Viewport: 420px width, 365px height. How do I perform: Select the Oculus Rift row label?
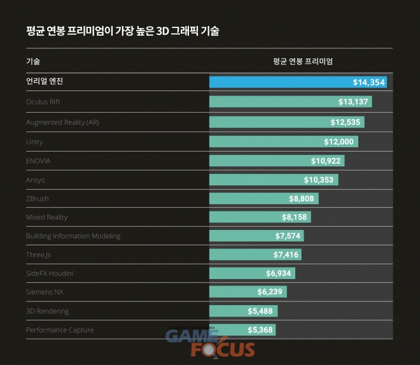(43, 101)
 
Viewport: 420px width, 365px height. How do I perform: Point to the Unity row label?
(34, 141)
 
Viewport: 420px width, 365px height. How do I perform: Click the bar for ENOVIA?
(276, 161)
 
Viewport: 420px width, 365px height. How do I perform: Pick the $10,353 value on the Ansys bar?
(319, 180)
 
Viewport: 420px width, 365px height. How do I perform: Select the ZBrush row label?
(38, 198)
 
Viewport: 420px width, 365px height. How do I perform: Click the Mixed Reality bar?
(260, 217)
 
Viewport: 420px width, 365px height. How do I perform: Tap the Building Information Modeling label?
(73, 236)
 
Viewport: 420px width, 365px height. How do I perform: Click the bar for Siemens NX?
(248, 292)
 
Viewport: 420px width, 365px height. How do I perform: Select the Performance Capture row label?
(60, 330)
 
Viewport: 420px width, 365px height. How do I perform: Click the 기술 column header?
(33, 62)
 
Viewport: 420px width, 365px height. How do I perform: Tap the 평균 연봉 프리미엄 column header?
(302, 62)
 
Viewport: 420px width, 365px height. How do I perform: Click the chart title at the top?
(123, 31)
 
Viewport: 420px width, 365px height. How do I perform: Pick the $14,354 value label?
(369, 82)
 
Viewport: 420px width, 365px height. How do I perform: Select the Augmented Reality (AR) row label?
(62, 122)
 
